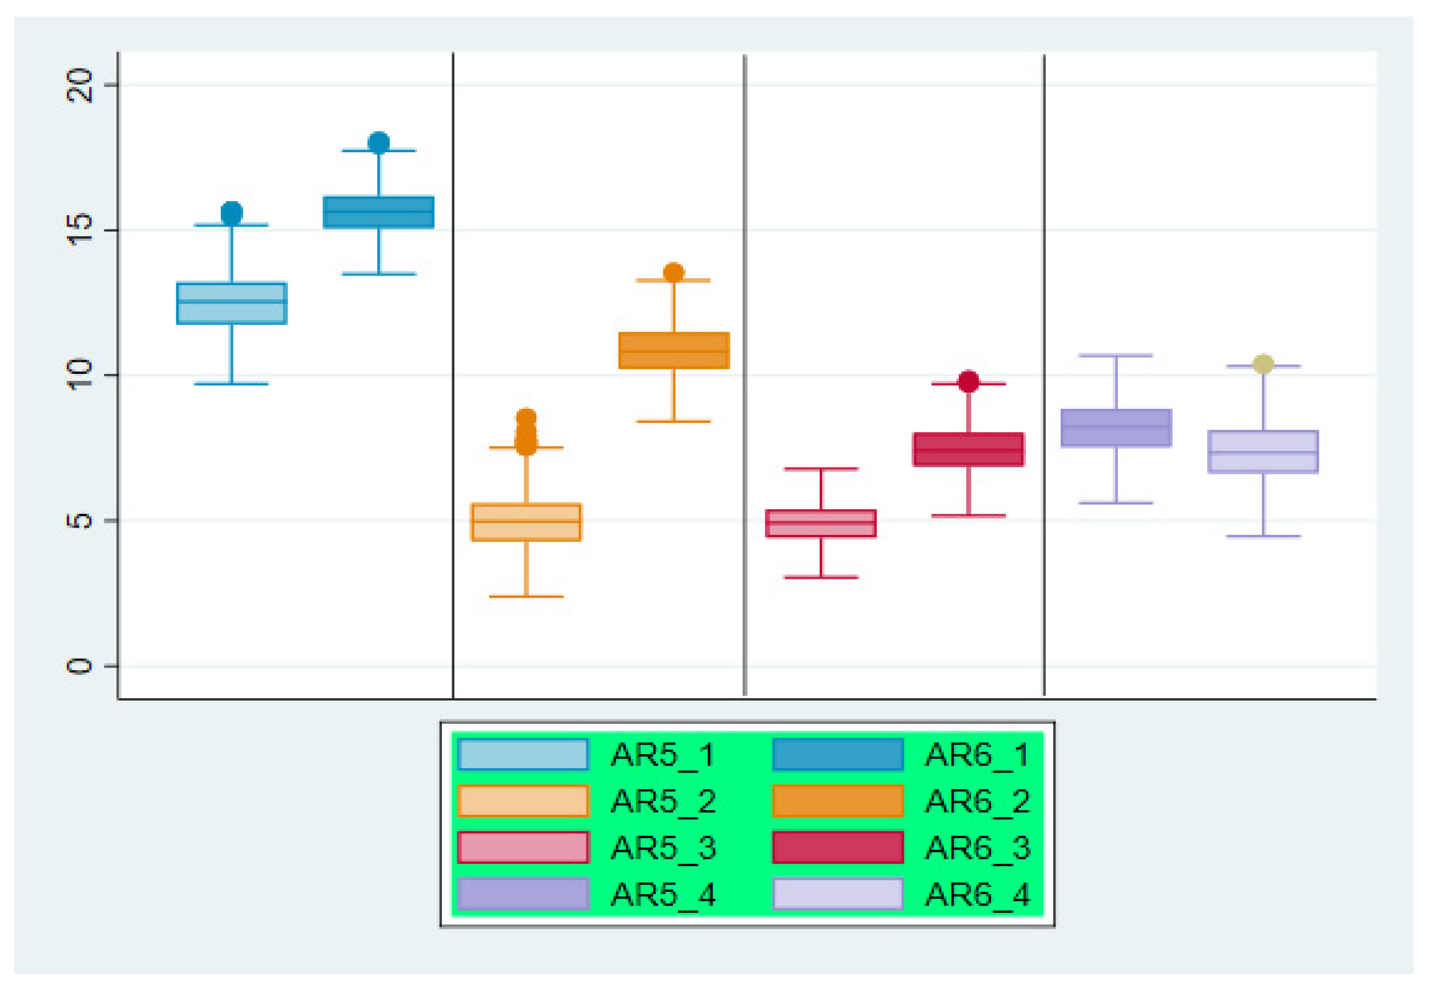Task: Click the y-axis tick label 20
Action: (80, 85)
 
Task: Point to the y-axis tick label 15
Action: (80, 230)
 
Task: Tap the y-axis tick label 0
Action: (80, 666)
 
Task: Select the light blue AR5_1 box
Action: (231, 303)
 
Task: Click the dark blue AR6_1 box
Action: (379, 212)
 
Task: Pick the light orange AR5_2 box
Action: (526, 522)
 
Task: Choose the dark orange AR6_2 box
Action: (674, 351)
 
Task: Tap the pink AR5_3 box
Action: (820, 524)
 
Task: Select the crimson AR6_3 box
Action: (968, 449)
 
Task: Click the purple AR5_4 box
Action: (1116, 428)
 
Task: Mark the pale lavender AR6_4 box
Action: (1263, 452)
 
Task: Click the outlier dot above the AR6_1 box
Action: (379, 143)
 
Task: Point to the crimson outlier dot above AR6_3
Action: (968, 381)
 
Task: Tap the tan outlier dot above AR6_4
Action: (1263, 364)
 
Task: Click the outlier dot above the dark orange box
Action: (674, 272)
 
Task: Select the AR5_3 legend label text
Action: (663, 847)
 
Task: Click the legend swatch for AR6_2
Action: (838, 801)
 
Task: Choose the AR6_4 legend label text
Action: (977, 895)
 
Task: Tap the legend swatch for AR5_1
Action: (523, 754)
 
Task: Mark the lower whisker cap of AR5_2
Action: (526, 596)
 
